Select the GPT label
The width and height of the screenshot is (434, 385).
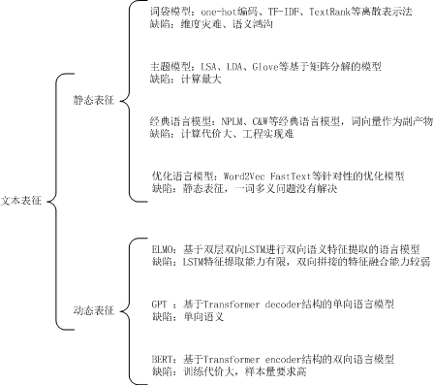[x=159, y=304]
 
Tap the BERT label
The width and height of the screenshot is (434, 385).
[x=163, y=359]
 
